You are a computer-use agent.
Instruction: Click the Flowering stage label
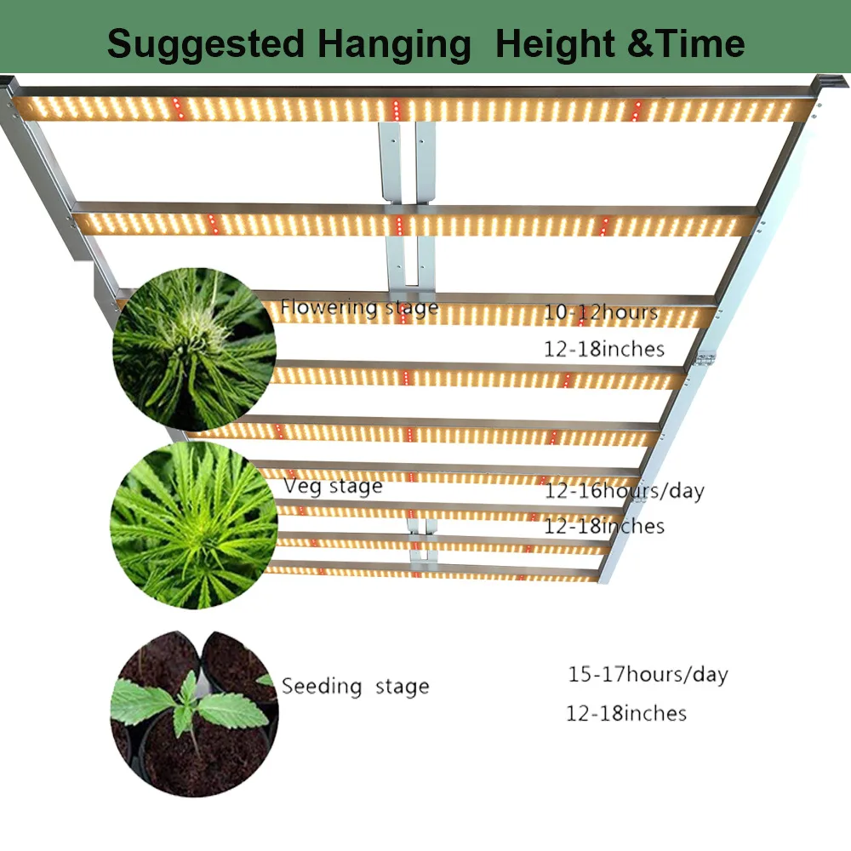[359, 307]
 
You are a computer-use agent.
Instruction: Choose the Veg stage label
[333, 486]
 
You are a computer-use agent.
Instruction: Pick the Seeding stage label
[355, 686]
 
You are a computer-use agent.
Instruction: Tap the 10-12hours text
[601, 312]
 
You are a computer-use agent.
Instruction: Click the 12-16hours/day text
[624, 490]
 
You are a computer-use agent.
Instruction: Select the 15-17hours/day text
[648, 675]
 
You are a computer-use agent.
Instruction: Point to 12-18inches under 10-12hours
[603, 349]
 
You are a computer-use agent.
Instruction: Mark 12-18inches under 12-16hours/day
[603, 526]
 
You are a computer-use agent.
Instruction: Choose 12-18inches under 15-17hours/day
[626, 713]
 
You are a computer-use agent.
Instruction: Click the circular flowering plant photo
[195, 349]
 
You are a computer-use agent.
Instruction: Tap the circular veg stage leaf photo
[195, 525]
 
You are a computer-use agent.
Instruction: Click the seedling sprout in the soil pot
[189, 706]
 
